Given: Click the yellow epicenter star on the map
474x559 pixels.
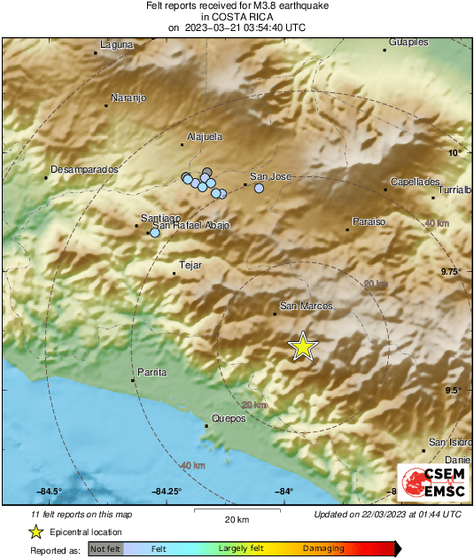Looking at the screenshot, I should pyautogui.click(x=303, y=346).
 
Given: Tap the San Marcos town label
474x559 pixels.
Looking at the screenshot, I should pyautogui.click(x=306, y=307).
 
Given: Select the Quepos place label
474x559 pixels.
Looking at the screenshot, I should pyautogui.click(x=229, y=420).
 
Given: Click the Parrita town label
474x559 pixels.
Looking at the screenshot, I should pyautogui.click(x=152, y=372).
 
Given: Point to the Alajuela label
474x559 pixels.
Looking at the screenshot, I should pyautogui.click(x=205, y=137).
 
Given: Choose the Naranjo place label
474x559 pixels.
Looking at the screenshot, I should pyautogui.click(x=128, y=97).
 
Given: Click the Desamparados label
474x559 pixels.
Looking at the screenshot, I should pyautogui.click(x=84, y=168).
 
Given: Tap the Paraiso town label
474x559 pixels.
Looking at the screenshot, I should pyautogui.click(x=369, y=222).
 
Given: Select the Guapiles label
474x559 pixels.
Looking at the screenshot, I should pyautogui.click(x=409, y=42).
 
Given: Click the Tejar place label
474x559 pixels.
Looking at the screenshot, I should pyautogui.click(x=190, y=265).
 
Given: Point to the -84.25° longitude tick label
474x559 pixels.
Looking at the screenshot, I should pyautogui.click(x=167, y=492).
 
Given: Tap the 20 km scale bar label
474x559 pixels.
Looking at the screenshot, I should pyautogui.click(x=235, y=519).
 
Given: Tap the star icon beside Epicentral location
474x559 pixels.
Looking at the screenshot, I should pyautogui.click(x=36, y=532).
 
